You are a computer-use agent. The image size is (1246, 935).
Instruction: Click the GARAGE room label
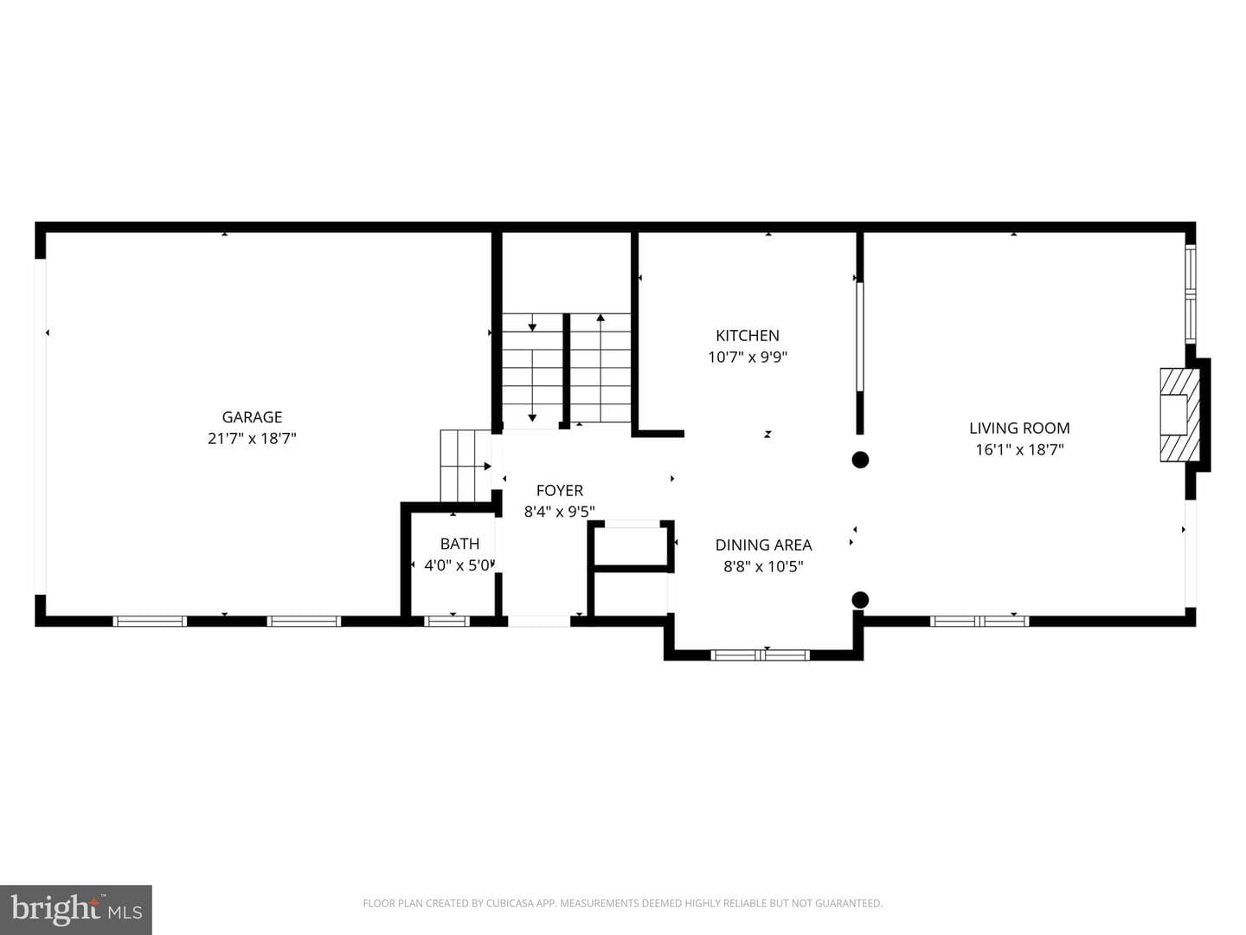(252, 417)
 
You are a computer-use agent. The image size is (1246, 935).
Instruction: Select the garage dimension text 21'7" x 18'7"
(252, 439)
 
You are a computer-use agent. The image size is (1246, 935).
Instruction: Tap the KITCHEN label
(747, 336)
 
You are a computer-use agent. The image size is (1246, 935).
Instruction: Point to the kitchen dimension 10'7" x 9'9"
(747, 357)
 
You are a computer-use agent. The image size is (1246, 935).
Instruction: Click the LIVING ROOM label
(1019, 428)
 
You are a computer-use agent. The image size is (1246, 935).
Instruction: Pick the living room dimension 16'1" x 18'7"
(1019, 449)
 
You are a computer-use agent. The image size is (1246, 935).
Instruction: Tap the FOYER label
(559, 491)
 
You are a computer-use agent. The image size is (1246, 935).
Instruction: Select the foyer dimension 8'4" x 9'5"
(559, 512)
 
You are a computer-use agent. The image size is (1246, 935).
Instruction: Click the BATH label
(459, 544)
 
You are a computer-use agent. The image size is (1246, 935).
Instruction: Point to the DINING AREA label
(763, 545)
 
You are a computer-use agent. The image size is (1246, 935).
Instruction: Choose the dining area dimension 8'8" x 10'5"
(763, 566)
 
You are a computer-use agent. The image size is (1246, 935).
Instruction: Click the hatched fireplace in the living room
(1179, 415)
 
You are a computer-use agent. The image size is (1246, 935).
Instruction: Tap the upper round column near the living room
(860, 459)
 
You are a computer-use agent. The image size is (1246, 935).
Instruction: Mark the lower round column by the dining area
(860, 599)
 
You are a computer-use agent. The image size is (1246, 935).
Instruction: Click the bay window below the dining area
(760, 655)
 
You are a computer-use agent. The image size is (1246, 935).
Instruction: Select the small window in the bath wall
(446, 621)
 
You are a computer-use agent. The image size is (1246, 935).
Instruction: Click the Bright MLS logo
(75, 910)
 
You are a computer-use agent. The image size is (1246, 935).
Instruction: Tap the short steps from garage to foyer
(466, 466)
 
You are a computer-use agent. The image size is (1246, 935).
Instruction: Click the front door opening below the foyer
(539, 622)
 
